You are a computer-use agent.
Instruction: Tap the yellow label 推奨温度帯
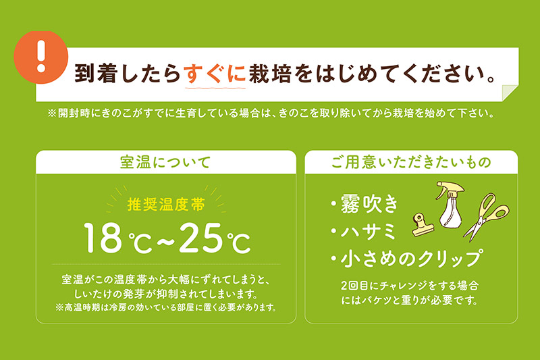tap(164, 203)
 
